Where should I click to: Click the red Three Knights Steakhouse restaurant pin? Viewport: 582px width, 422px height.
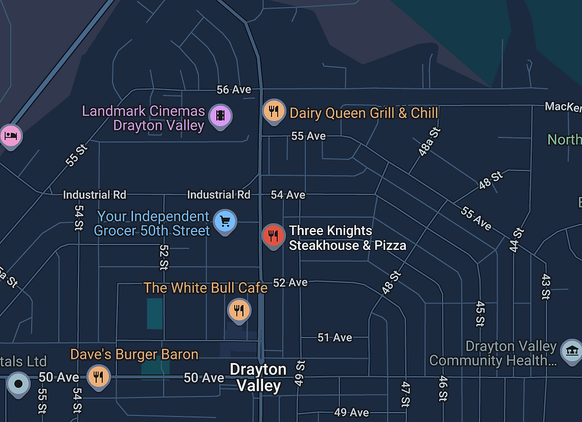(273, 236)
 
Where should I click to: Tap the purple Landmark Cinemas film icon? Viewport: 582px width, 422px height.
(220, 115)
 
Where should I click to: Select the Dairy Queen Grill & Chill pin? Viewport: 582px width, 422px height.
(273, 110)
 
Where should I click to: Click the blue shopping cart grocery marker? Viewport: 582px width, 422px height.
(225, 221)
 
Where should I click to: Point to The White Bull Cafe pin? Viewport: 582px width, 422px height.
(239, 310)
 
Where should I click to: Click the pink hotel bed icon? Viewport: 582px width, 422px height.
(10, 136)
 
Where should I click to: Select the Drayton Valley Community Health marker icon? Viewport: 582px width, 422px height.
(571, 351)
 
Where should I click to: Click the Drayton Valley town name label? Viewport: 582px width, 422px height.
(258, 377)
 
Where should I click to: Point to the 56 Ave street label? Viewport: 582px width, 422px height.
(233, 90)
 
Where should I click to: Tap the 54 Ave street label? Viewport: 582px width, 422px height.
(288, 195)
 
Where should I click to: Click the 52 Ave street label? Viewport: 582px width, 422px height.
(290, 283)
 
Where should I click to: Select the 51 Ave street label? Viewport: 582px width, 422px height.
(335, 338)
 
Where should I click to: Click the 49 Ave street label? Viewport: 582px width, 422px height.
(352, 413)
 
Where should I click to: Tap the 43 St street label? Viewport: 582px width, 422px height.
(546, 287)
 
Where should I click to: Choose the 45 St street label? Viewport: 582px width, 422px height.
(480, 314)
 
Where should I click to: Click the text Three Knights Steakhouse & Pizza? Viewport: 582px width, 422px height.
(347, 238)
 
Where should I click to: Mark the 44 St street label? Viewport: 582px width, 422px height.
(517, 240)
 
